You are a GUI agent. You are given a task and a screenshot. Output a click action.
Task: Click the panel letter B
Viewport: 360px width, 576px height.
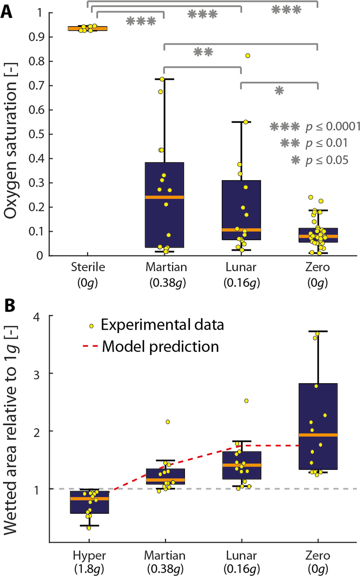[x=9, y=306]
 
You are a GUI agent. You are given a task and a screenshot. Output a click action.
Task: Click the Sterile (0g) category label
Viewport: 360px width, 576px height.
[x=88, y=274]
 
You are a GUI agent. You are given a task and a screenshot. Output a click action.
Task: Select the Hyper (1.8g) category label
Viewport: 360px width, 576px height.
[x=89, y=562]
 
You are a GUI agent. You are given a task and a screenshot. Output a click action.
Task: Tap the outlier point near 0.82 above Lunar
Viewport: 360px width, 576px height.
[x=248, y=56]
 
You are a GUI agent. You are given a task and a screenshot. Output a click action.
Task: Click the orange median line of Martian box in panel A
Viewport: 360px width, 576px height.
[x=164, y=197]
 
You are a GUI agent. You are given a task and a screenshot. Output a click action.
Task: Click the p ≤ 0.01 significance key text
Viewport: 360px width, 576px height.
[x=326, y=143]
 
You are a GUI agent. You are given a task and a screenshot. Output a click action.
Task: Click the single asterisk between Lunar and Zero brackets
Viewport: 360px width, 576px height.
[x=279, y=90]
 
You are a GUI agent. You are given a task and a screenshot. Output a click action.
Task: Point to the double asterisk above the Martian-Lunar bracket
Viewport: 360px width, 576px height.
[x=203, y=52]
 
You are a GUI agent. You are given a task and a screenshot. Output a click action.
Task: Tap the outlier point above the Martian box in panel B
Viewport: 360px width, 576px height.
[x=168, y=422]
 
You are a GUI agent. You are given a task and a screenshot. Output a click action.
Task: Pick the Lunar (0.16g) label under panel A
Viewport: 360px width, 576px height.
[x=241, y=274]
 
